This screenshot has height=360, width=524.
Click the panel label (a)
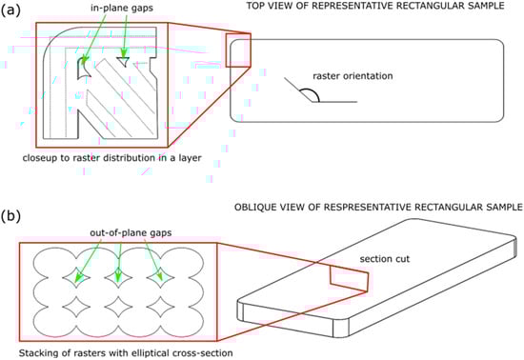[10, 10]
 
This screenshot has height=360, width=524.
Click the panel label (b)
[10, 216]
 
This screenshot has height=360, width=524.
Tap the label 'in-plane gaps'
[122, 8]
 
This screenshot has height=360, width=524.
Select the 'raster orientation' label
[353, 76]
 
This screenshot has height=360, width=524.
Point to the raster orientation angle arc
[312, 92]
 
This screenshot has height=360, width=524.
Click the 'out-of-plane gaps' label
[131, 232]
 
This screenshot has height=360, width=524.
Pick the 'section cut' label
[384, 259]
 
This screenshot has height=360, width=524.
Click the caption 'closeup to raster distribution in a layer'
[112, 158]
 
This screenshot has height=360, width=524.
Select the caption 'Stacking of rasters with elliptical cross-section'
[126, 352]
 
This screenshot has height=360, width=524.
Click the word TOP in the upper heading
[255, 6]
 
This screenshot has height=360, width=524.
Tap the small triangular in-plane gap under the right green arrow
[123, 61]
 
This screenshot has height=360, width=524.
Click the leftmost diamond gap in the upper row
[76, 277]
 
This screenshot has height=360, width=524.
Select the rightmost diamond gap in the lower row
[160, 308]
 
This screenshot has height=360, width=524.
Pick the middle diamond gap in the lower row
[118, 308]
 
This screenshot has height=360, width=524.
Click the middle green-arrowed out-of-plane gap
[118, 277]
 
